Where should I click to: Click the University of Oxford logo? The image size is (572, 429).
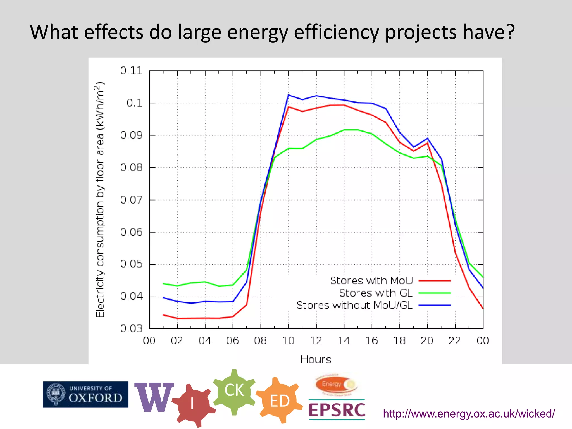(x=85, y=394)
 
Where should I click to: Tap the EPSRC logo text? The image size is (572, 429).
(x=337, y=410)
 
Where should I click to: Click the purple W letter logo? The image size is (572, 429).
(x=154, y=397)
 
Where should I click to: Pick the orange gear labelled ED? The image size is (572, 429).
(x=280, y=401)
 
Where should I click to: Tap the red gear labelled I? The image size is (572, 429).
(x=193, y=404)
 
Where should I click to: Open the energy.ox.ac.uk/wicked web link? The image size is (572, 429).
(x=469, y=414)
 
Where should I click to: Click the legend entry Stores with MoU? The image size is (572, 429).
(x=371, y=280)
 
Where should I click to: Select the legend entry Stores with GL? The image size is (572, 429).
(x=376, y=293)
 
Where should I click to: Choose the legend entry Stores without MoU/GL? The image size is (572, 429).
(x=354, y=305)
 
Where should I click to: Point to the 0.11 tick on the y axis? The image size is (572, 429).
(x=131, y=71)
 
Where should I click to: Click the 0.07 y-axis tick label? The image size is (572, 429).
(x=131, y=200)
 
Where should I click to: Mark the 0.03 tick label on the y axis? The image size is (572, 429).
(x=131, y=328)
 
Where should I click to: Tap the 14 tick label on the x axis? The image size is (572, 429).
(x=344, y=341)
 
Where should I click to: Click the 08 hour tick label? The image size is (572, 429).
(x=260, y=341)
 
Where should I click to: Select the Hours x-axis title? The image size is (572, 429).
(x=316, y=359)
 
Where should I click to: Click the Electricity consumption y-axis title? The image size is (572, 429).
(x=100, y=200)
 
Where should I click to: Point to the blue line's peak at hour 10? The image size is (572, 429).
(x=289, y=95)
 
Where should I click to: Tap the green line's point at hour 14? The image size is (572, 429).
(x=344, y=130)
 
